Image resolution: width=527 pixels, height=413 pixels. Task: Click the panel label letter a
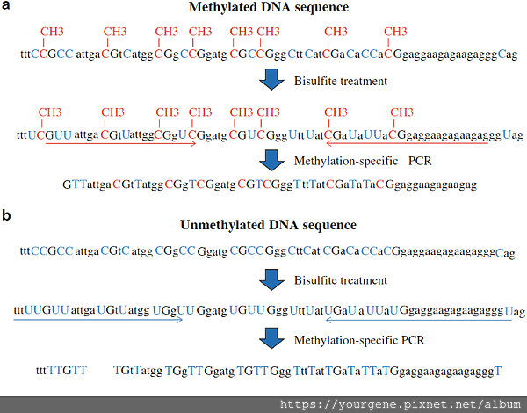tap(6, 6)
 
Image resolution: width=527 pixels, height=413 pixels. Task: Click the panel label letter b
tap(6, 215)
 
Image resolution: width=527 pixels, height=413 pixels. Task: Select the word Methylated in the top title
tap(220, 8)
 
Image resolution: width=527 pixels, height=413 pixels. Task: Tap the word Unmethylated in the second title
tap(214, 225)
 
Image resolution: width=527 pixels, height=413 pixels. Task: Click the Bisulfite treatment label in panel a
tap(341, 82)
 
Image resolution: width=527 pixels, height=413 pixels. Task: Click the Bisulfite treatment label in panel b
tap(341, 280)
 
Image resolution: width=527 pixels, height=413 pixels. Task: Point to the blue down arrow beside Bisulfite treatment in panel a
tap(271, 80)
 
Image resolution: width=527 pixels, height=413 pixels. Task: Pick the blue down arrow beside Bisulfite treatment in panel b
tap(271, 279)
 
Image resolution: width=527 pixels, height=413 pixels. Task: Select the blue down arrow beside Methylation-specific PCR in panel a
tap(271, 161)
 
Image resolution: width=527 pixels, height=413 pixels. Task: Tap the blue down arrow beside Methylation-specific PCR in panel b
tap(271, 337)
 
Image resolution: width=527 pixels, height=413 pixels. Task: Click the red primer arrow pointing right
tap(120, 143)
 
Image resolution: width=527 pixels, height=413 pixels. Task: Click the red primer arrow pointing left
tap(407, 143)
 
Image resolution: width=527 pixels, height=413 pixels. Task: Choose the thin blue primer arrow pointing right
tap(98, 320)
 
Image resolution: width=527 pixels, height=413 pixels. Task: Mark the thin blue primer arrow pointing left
tap(419, 320)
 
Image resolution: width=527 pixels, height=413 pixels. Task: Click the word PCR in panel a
tap(420, 161)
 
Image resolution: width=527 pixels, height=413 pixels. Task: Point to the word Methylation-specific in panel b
tap(346, 341)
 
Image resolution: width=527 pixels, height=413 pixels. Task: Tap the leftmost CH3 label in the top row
tap(52, 32)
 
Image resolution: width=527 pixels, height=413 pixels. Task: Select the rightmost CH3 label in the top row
tap(395, 32)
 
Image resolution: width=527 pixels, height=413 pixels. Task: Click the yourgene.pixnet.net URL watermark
tap(401, 405)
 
